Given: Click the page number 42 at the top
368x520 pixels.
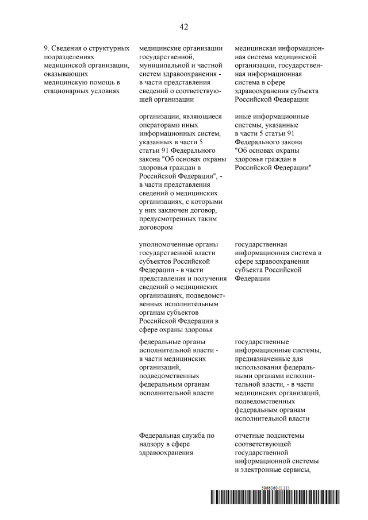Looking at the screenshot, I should (x=184, y=27).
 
